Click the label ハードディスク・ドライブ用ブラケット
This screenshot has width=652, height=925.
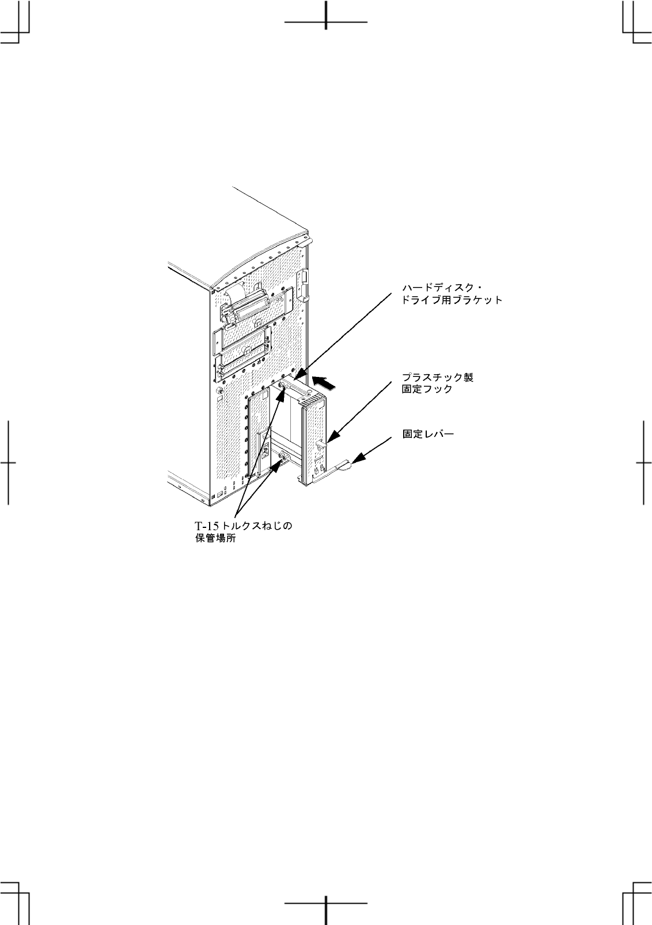452,293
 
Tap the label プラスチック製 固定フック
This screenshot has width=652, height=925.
437,383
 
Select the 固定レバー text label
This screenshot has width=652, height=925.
428,434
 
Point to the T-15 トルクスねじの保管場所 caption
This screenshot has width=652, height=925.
245,532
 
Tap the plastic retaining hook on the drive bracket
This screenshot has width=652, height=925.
320,443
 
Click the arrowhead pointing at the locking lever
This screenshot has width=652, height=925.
358,459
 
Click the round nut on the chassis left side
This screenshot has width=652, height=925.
219,392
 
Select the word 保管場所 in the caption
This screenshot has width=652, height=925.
214,540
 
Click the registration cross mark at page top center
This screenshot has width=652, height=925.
326,22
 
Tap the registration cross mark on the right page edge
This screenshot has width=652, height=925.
643,462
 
